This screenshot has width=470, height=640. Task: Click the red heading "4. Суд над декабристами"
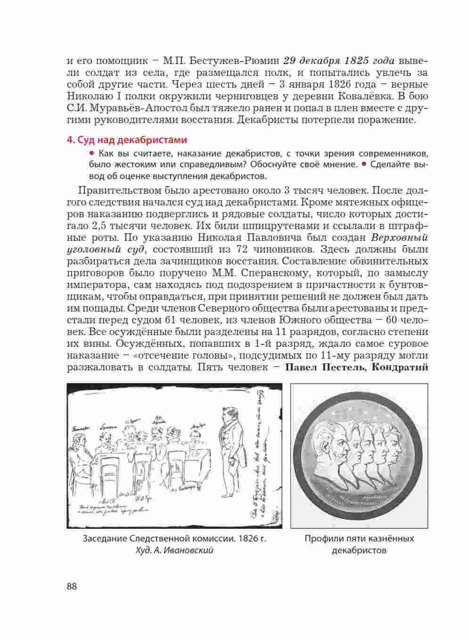(x=127, y=140)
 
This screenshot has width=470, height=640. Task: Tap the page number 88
(x=72, y=587)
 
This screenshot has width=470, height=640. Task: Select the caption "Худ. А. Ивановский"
(x=174, y=550)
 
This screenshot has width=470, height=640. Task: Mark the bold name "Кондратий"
(x=400, y=367)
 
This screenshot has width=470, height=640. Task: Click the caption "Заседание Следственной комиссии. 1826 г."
(x=174, y=538)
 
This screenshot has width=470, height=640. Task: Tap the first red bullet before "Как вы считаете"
(x=91, y=154)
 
